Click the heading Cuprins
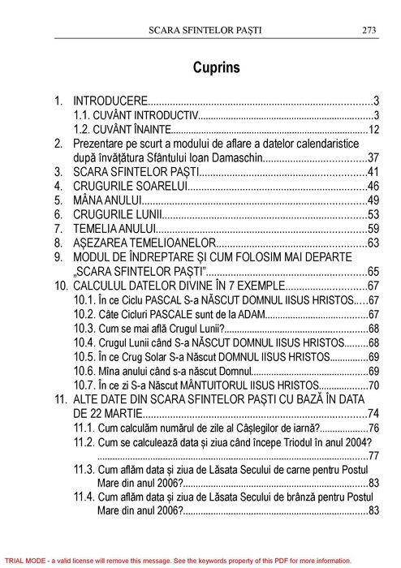[x=217, y=67]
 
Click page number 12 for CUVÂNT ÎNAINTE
[x=374, y=129]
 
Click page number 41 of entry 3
[x=374, y=172]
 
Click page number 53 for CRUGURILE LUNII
[x=374, y=214]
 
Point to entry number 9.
[x=58, y=256]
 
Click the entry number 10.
[x=61, y=286]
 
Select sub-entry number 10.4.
[x=84, y=342]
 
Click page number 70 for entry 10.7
[x=374, y=385]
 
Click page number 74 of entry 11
[x=374, y=414]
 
